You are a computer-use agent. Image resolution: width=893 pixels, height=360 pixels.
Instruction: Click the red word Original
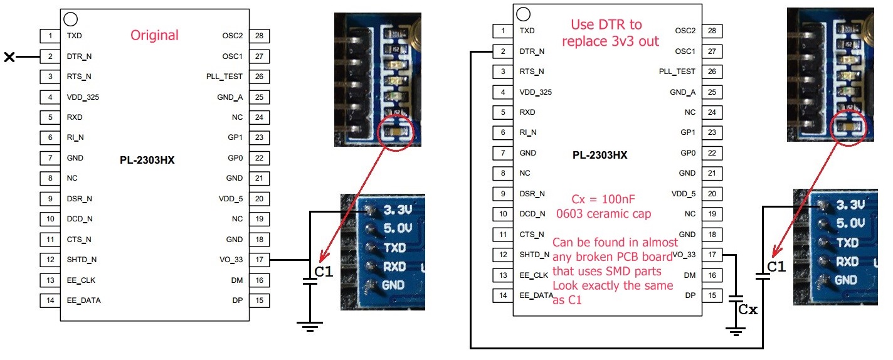click(154, 36)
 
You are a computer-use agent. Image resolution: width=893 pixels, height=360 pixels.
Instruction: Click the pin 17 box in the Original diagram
click(258, 260)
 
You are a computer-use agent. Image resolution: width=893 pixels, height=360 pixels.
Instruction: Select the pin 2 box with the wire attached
click(502, 51)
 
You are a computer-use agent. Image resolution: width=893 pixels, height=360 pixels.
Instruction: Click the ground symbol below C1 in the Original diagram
click(310, 325)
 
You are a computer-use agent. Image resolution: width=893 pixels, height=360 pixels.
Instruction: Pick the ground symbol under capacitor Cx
click(735, 330)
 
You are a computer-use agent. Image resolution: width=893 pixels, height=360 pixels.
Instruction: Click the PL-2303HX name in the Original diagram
click(147, 160)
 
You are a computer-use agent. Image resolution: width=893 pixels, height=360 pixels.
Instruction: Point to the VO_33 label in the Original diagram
click(230, 260)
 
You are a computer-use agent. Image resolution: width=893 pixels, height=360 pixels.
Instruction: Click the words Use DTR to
click(606, 25)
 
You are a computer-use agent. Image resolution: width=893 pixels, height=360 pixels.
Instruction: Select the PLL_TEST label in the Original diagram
click(224, 77)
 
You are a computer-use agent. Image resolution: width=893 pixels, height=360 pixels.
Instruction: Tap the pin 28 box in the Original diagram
click(258, 36)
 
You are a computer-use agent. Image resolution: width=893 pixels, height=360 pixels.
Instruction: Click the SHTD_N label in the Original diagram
click(82, 260)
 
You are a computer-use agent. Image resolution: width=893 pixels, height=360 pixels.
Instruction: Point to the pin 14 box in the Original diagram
click(50, 300)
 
